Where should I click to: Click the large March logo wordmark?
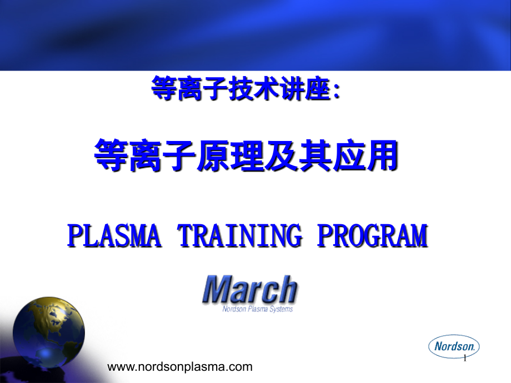(x=250, y=290)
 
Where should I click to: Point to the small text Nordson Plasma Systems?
(x=257, y=309)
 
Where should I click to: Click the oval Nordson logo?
(x=454, y=346)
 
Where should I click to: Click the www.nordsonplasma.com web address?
(x=179, y=366)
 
